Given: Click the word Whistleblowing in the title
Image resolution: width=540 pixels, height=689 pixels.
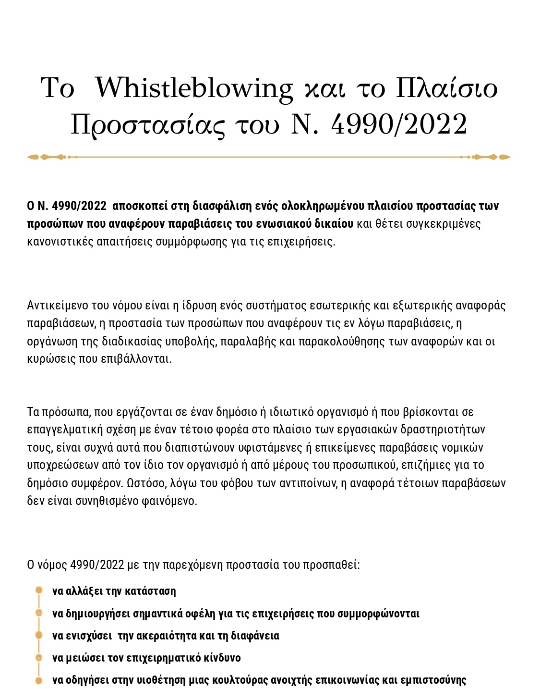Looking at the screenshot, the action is [x=194, y=89].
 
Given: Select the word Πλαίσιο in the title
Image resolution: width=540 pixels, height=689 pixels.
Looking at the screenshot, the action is [x=446, y=89].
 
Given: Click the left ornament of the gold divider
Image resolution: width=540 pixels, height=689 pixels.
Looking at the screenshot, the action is [x=46, y=157].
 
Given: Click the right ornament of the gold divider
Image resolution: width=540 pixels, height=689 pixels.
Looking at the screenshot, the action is [x=492, y=157].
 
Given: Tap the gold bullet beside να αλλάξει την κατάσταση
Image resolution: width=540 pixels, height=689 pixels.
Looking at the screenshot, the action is [x=39, y=591].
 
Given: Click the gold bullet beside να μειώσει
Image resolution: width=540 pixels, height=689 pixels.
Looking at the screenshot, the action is [x=39, y=657].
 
